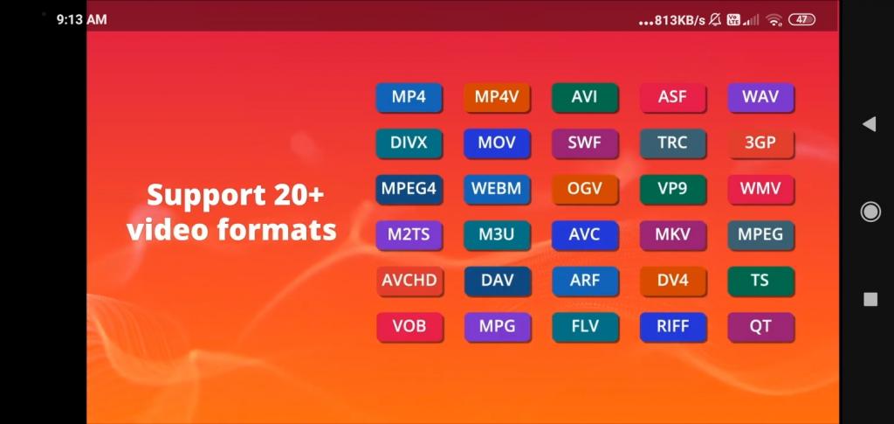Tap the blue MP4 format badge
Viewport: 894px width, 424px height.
pos(409,97)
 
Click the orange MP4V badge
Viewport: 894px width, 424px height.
pos(497,97)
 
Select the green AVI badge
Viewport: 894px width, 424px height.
pos(584,97)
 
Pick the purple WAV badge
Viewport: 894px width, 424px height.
pos(760,97)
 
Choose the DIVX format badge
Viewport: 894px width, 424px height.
pos(409,143)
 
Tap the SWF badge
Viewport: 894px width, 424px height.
pos(584,143)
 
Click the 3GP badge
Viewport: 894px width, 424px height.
pos(760,143)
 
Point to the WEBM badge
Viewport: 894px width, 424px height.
pos(497,189)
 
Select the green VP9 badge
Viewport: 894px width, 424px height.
pos(673,189)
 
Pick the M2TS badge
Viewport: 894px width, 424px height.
pos(409,234)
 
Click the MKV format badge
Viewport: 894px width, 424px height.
pos(673,234)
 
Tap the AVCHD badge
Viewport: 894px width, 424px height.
pos(409,281)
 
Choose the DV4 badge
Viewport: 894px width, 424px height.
pos(673,281)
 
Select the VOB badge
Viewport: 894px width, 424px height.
pos(409,326)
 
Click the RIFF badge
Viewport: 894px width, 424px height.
pos(673,326)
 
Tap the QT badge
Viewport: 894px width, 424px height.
pos(760,326)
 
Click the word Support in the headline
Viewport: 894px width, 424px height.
pos(201,197)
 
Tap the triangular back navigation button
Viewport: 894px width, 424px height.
pos(869,124)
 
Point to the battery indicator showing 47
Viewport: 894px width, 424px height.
pos(801,19)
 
